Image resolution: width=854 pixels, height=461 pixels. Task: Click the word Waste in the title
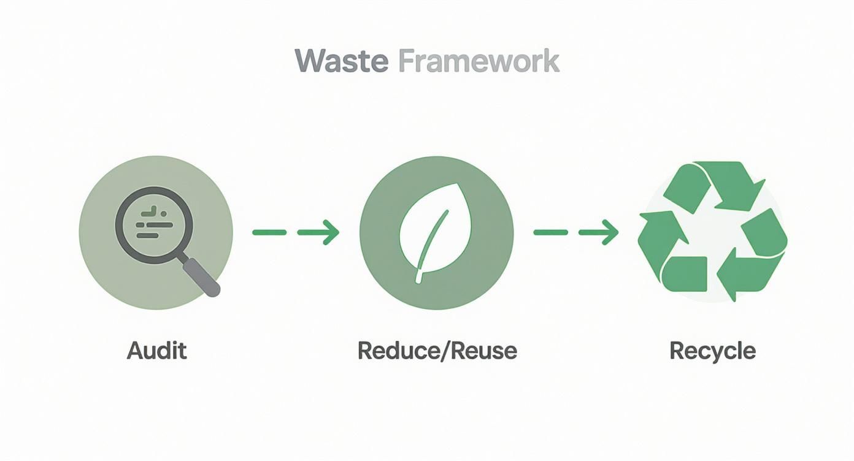coord(340,62)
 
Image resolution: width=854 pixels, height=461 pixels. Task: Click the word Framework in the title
coord(479,62)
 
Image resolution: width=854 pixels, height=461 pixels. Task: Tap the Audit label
coord(156,351)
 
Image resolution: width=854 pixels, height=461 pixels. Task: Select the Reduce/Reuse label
coord(437,351)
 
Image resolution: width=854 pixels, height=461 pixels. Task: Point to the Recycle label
coord(712,351)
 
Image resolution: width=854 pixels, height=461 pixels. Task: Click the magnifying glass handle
coord(202,277)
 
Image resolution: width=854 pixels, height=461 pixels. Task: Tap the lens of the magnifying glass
coord(154,225)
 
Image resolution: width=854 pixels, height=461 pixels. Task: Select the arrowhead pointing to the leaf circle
coord(331,232)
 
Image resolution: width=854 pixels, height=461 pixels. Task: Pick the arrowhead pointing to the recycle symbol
coord(610,232)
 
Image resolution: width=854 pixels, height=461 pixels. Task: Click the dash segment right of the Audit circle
coord(269,232)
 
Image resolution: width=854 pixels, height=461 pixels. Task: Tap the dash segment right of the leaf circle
coord(550,232)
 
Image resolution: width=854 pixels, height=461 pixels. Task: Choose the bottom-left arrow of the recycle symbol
coord(663,245)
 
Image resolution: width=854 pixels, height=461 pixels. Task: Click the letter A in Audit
coord(134,351)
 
